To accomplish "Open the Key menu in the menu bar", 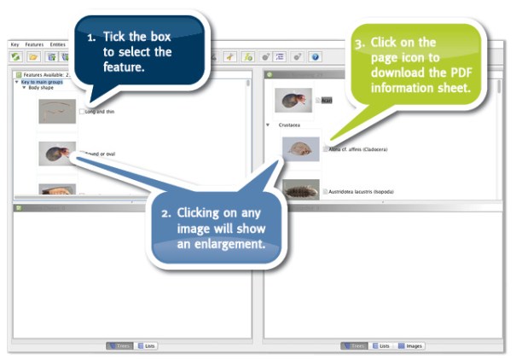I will pos(14,44).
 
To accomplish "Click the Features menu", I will pos(33,44).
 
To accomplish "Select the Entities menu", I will pos(58,44).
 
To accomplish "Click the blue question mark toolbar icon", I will pos(315,56).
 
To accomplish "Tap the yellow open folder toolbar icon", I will pos(33,56).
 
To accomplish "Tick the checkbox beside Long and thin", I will pos(82,112).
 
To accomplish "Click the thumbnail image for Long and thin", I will pos(57,111).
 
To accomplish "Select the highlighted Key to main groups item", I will pos(43,82).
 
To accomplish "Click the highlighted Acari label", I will pos(327,100).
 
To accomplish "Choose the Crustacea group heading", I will pos(290,125).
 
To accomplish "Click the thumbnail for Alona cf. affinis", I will pos(300,149).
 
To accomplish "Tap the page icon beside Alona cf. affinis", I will pos(324,149).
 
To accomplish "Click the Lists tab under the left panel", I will pos(146,345).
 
